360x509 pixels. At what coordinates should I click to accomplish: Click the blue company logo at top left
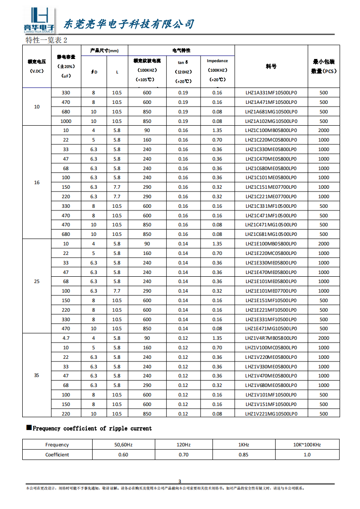pyautogui.click(x=39, y=20)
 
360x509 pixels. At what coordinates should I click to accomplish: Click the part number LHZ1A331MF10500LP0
pyautogui.click(x=271, y=93)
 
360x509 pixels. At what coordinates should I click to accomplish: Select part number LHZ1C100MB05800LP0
pyautogui.click(x=271, y=131)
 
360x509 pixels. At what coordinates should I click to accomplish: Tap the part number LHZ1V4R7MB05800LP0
pyautogui.click(x=271, y=338)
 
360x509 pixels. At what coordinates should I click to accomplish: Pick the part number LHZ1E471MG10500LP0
pyautogui.click(x=271, y=329)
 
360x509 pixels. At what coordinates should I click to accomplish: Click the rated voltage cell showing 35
pyautogui.click(x=37, y=376)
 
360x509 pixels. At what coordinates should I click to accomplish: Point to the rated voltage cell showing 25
pyautogui.click(x=37, y=281)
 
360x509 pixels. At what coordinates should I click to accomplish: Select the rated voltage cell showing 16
pyautogui.click(x=37, y=182)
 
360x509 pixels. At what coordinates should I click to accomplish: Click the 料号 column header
pyautogui.click(x=271, y=66)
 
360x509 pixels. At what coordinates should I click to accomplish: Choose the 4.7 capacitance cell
pyautogui.click(x=66, y=338)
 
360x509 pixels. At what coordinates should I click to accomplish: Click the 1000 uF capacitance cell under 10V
pyautogui.click(x=66, y=121)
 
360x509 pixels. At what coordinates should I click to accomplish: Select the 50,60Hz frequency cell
pyautogui.click(x=123, y=445)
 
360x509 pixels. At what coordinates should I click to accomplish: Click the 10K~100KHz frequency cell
pyautogui.click(x=307, y=445)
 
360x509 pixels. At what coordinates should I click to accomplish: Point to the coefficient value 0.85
pyautogui.click(x=243, y=455)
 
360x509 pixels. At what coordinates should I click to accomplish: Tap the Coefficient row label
pyautogui.click(x=57, y=455)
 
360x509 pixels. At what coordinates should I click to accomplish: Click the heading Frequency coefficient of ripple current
pyautogui.click(x=92, y=428)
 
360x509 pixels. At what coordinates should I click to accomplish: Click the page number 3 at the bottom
pyautogui.click(x=179, y=481)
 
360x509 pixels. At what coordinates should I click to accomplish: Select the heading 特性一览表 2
pyautogui.click(x=46, y=40)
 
